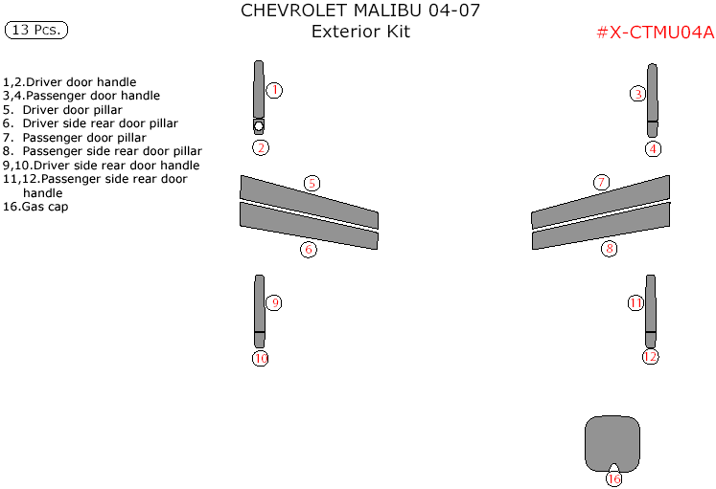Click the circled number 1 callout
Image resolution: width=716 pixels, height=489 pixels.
pos(274,90)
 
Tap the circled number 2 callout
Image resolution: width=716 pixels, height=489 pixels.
pos(260,147)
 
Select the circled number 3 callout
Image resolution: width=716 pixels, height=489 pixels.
pos(637,94)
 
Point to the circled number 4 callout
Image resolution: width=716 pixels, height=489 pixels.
pos(653,148)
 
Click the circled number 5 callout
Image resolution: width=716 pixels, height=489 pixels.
pos(312,183)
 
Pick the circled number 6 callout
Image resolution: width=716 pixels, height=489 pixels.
pos(308,250)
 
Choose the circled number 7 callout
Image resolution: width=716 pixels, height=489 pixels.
pos(601,183)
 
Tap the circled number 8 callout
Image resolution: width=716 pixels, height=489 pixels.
pos(609,249)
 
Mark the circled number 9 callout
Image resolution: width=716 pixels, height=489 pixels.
pos(274,303)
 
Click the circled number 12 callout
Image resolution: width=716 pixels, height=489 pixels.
pos(651,357)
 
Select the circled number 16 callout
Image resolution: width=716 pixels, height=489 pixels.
pos(613,478)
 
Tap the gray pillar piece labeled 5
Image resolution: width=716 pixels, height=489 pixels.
pos(307,202)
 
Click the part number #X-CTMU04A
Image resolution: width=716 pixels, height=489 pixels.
pos(655,32)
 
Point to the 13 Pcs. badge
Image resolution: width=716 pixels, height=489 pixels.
pos(36,30)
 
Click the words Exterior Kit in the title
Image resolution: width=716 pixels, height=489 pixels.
pos(360,32)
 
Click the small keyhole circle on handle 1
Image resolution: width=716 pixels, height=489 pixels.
pos(259,124)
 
